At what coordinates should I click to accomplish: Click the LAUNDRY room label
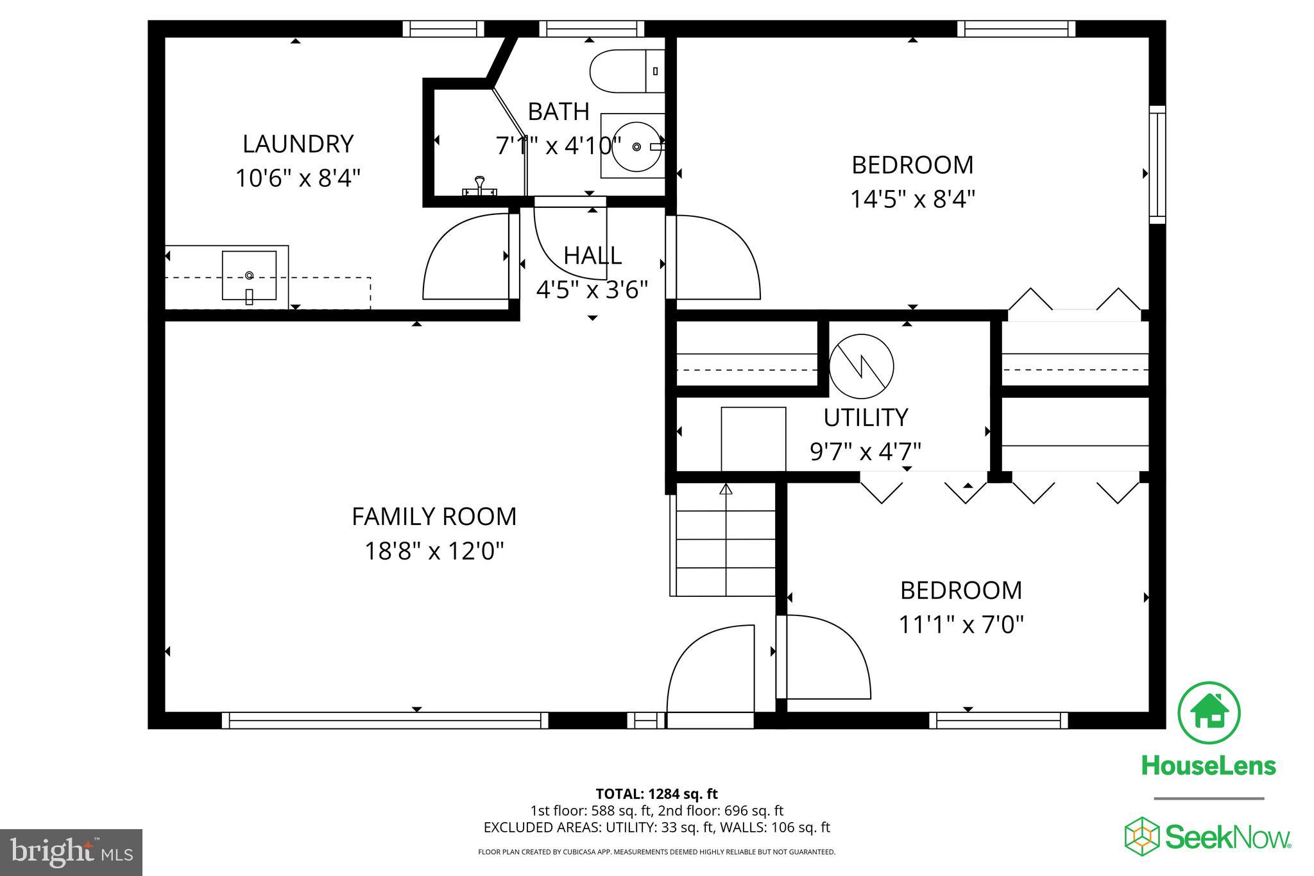[298, 144]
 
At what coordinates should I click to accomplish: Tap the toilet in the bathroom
[627, 71]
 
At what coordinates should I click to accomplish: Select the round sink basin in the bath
[636, 146]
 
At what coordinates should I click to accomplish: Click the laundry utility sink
[249, 276]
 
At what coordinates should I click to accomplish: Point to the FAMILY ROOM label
[434, 517]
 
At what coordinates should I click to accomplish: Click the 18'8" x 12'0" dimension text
[434, 551]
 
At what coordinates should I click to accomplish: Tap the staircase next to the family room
[723, 539]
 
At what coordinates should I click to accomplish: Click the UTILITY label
[866, 418]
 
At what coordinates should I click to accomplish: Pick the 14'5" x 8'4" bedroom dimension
[912, 199]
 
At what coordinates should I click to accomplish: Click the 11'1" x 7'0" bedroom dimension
[960, 624]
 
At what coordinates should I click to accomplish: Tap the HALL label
[592, 256]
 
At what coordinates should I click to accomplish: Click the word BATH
[558, 112]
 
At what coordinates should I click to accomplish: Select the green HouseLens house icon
[1209, 713]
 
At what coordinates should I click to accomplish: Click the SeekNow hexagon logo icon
[1141, 836]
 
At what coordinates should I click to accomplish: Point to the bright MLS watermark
[72, 852]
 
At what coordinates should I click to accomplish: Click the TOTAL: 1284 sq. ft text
[656, 794]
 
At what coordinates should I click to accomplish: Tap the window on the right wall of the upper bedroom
[1157, 165]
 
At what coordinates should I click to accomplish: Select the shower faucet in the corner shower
[479, 186]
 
